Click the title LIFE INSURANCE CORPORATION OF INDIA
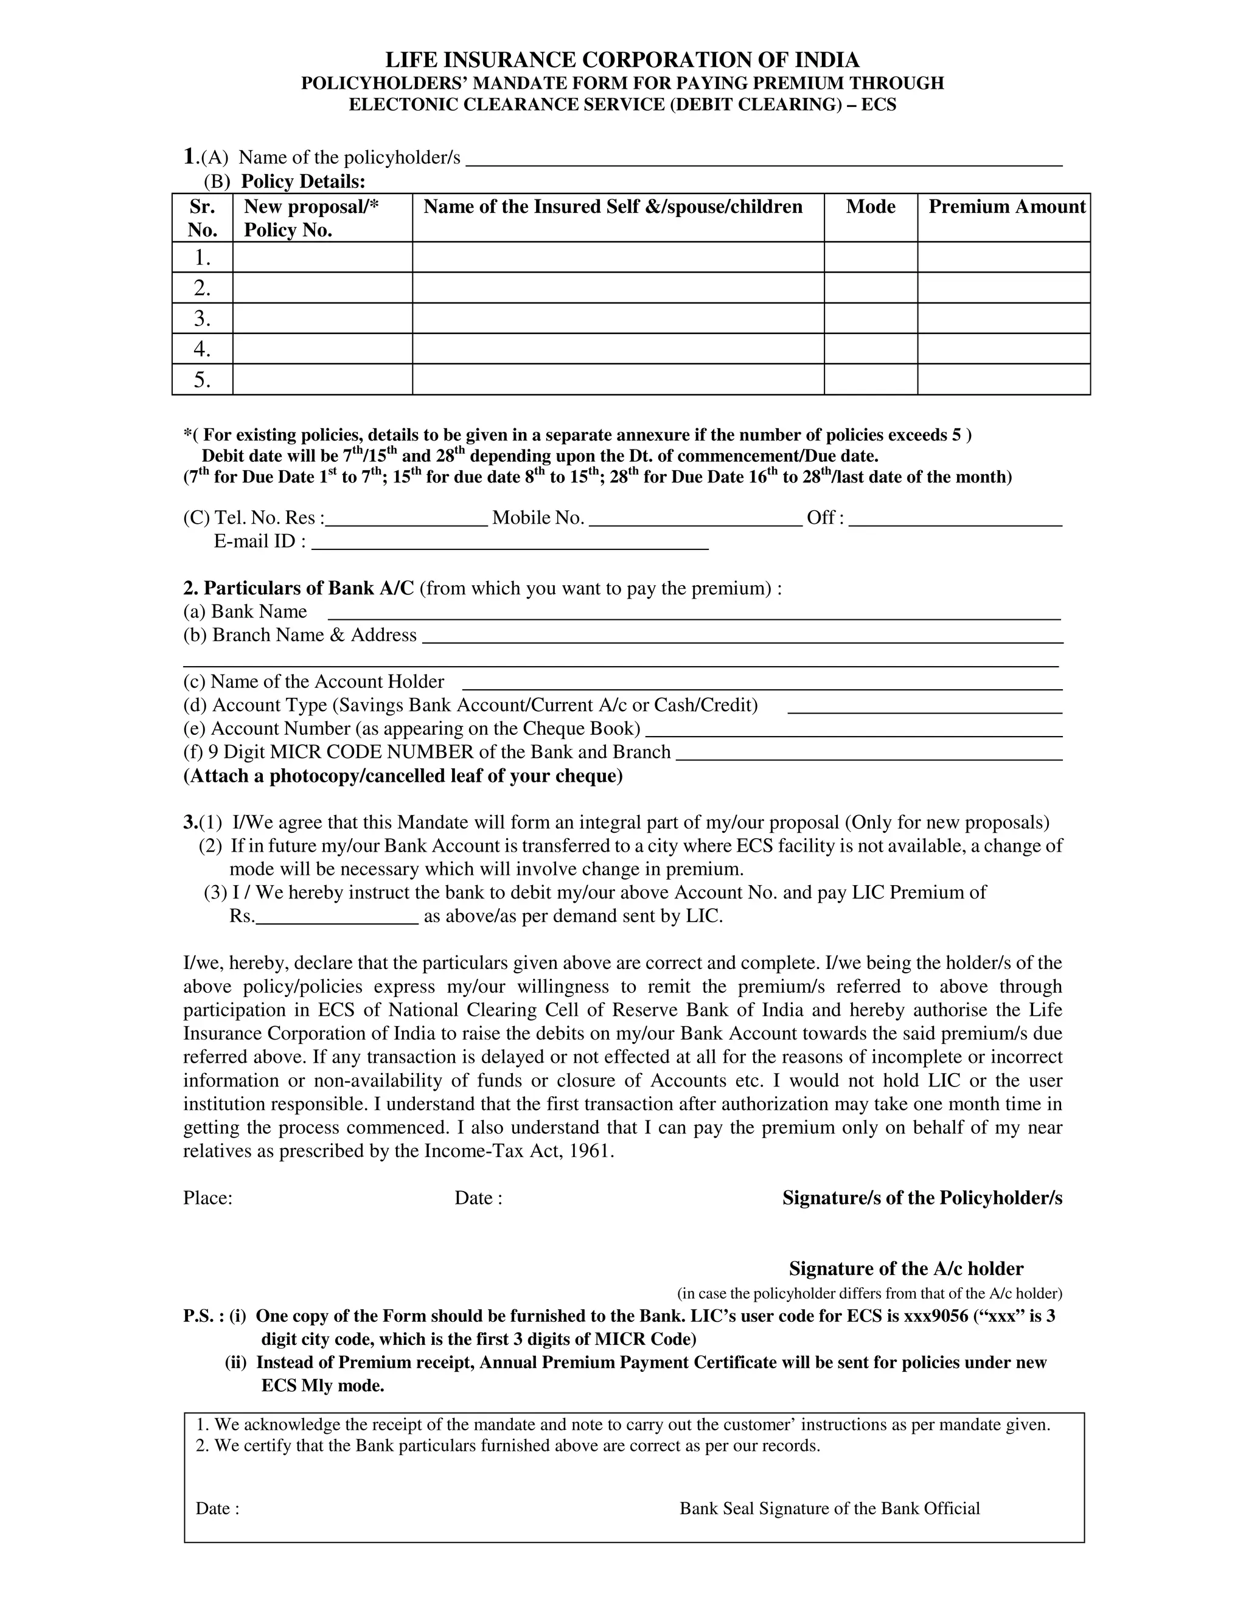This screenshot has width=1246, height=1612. tap(622, 60)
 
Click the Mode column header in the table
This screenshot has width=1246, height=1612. tap(870, 207)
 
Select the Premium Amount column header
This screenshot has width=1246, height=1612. tap(1006, 207)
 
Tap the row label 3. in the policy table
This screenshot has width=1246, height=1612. tap(202, 319)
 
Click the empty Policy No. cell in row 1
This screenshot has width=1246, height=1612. tap(322, 257)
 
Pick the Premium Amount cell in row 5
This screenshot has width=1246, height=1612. tap(1003, 380)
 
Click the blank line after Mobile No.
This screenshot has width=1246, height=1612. tap(696, 519)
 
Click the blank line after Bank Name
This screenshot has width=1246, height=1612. tap(694, 613)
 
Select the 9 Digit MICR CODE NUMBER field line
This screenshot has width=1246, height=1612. tap(869, 754)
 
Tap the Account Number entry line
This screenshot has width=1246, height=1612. tap(854, 731)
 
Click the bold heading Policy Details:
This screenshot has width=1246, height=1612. tap(304, 181)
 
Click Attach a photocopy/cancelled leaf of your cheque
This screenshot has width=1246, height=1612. tap(403, 776)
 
